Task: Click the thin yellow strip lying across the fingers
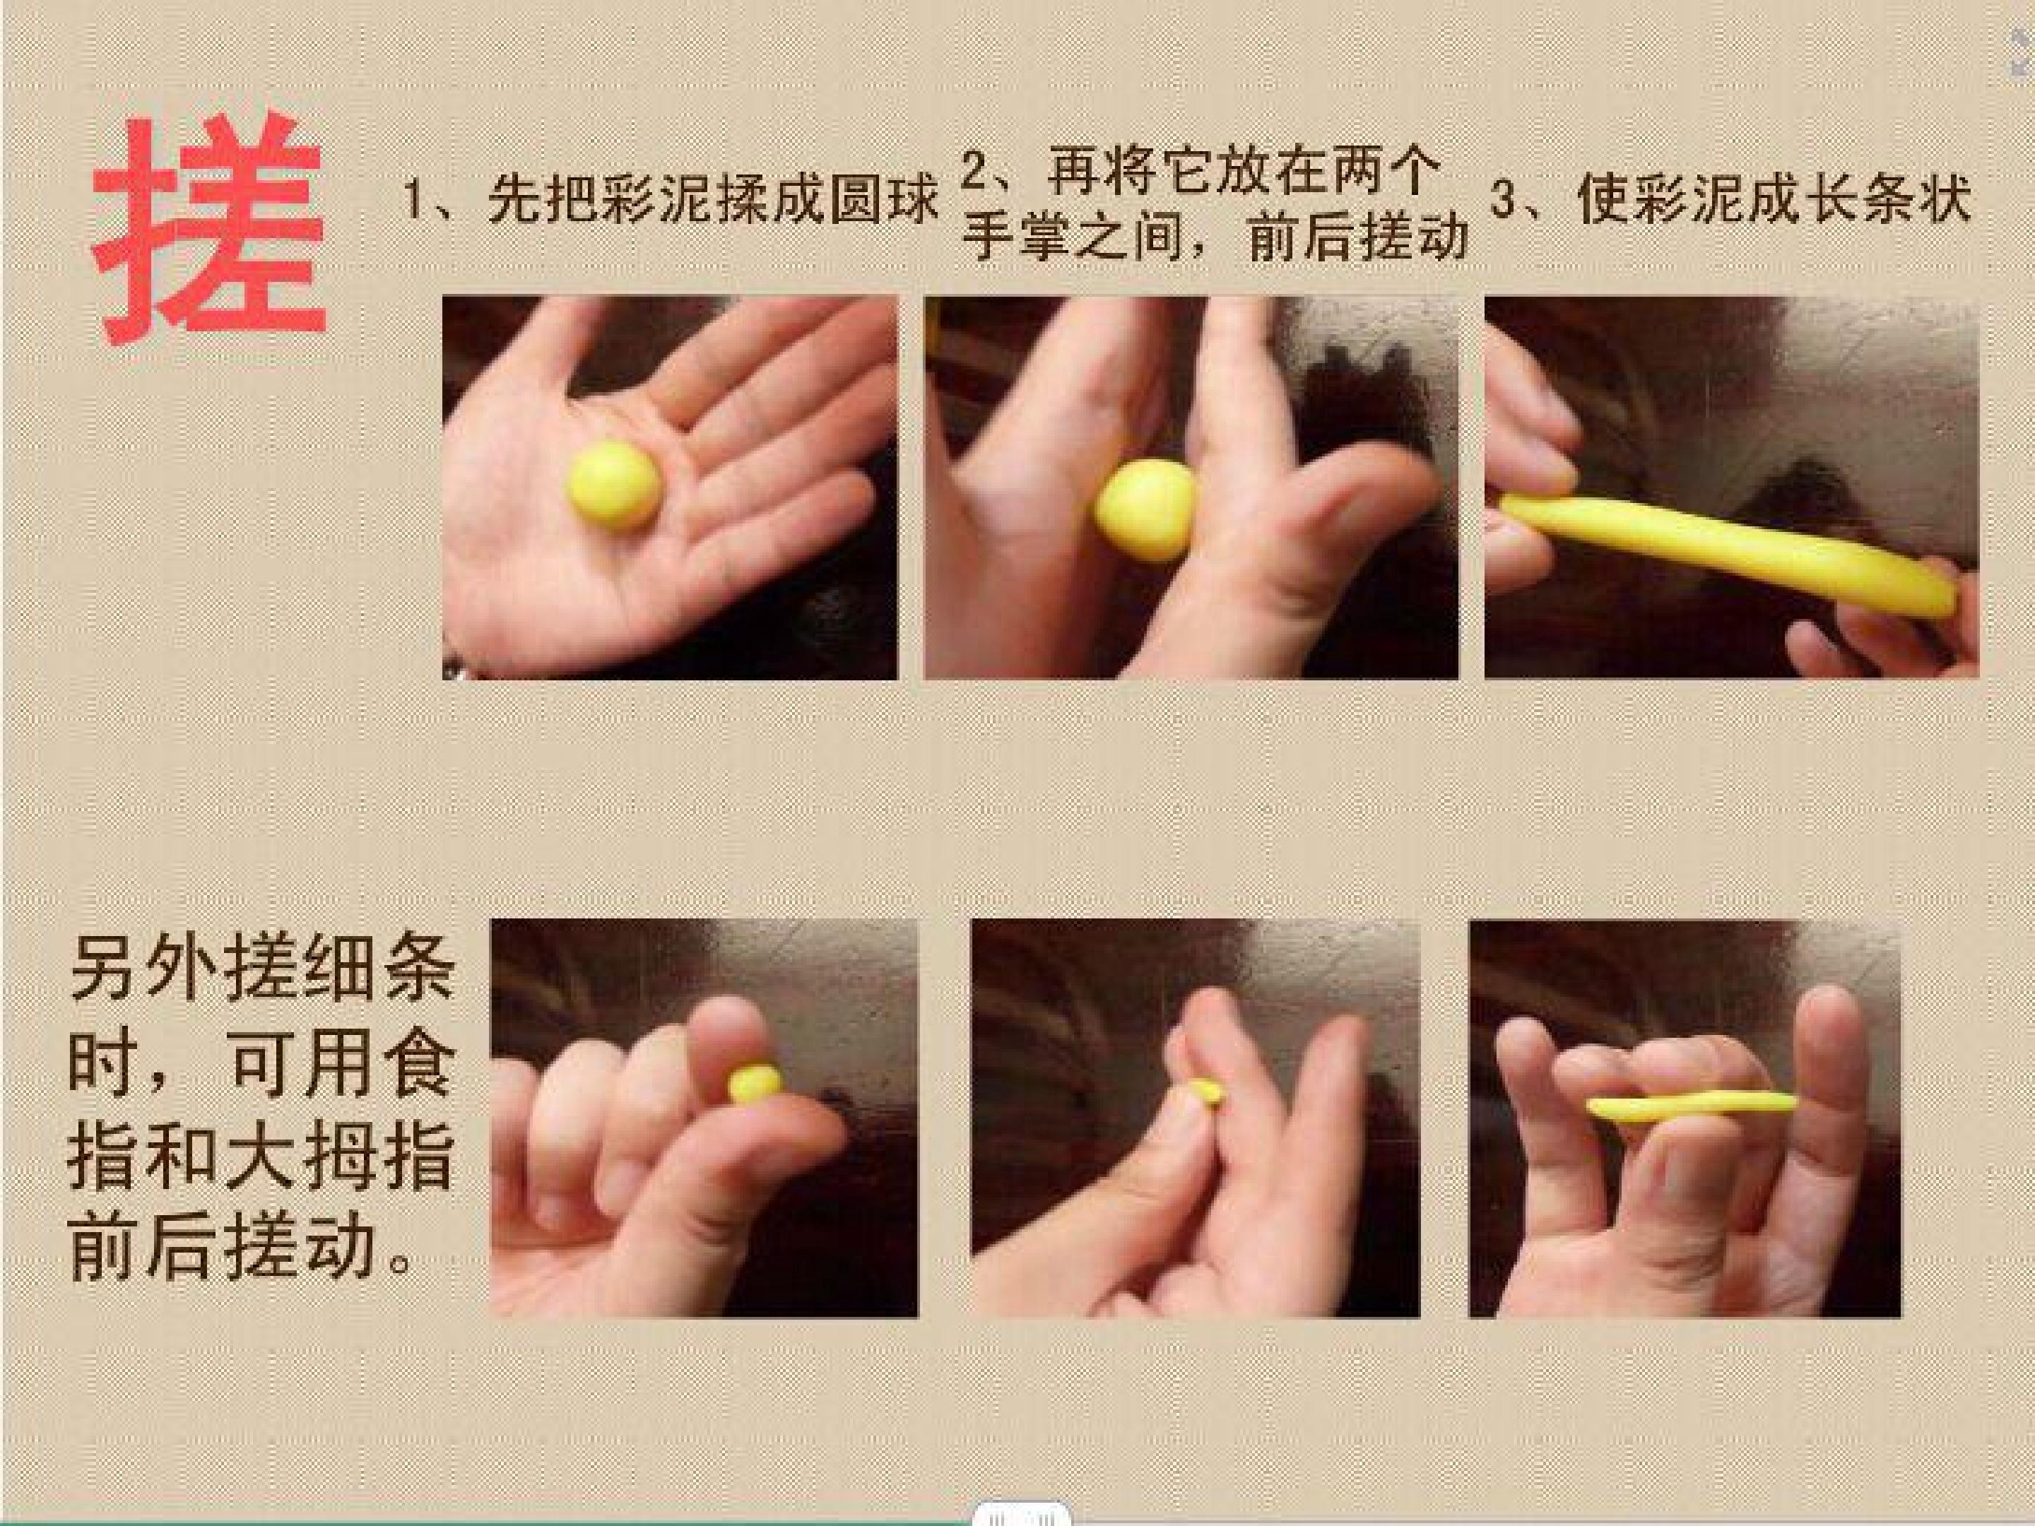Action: coord(1691,1105)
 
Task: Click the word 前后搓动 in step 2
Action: coord(1357,238)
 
